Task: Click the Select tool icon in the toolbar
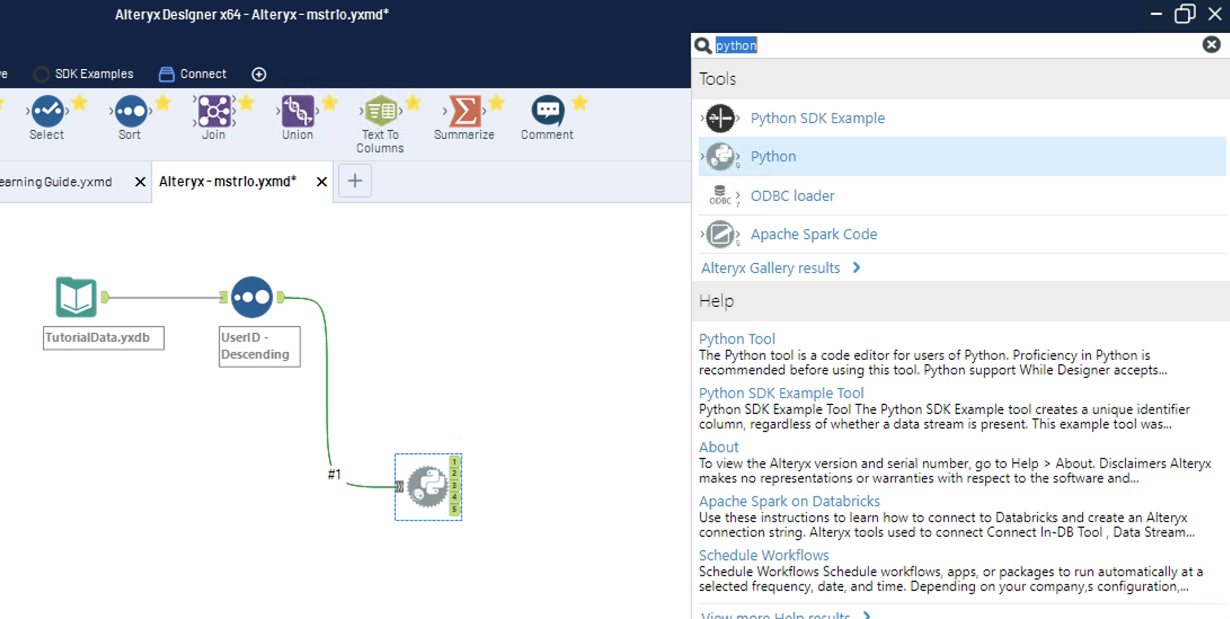click(x=47, y=111)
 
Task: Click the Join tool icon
click(x=214, y=111)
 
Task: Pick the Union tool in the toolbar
click(x=298, y=111)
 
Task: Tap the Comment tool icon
click(x=547, y=110)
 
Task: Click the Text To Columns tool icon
click(x=381, y=111)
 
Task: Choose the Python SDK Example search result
click(x=817, y=118)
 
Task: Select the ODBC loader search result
click(x=792, y=196)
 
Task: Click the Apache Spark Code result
click(x=813, y=234)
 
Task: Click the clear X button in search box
click(x=1211, y=45)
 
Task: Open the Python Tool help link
click(x=737, y=339)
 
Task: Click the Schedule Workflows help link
click(x=764, y=555)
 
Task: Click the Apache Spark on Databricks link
click(x=789, y=501)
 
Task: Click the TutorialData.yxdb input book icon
click(x=76, y=297)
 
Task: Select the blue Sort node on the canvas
click(x=252, y=297)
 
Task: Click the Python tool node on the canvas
click(x=427, y=487)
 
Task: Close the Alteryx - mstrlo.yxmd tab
click(x=321, y=182)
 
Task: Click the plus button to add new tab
click(x=355, y=181)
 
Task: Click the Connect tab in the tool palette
click(x=193, y=74)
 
